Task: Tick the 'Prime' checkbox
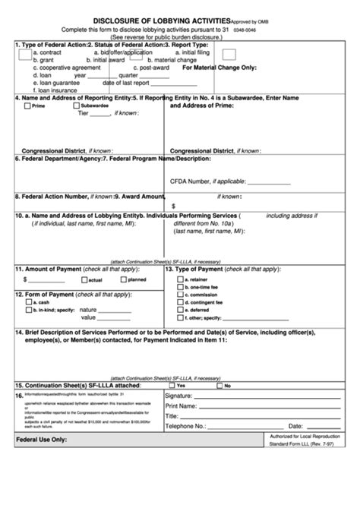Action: [28, 106]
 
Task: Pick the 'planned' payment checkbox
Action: [122, 279]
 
